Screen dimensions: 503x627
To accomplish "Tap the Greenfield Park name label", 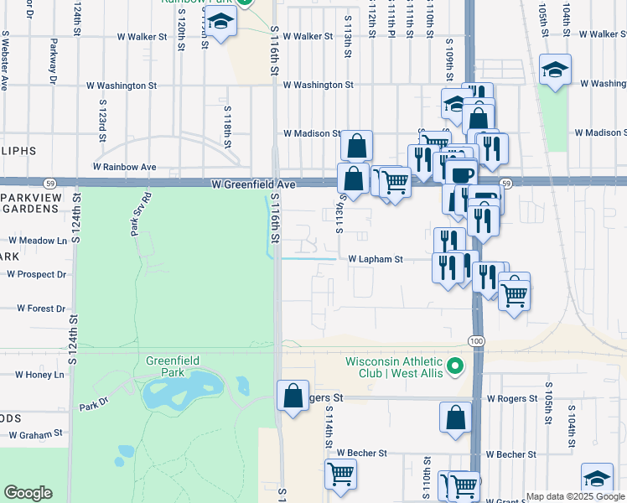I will pyautogui.click(x=173, y=366).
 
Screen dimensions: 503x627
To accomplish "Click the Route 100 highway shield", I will pyautogui.click(x=476, y=340).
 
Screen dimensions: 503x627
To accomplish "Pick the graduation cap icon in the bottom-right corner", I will pyautogui.click(x=596, y=478).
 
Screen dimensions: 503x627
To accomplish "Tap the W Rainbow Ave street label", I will pyautogui.click(x=125, y=167).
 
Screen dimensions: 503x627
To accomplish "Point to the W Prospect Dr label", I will pyautogui.click(x=36, y=274).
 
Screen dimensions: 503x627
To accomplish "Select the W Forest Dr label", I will pyautogui.click(x=38, y=308).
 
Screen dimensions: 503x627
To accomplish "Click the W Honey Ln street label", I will pyautogui.click(x=37, y=375).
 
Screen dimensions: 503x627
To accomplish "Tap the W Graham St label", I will pyautogui.click(x=37, y=434).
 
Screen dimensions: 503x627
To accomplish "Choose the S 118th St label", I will pyautogui.click(x=226, y=124).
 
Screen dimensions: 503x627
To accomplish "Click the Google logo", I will pyautogui.click(x=28, y=493).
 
